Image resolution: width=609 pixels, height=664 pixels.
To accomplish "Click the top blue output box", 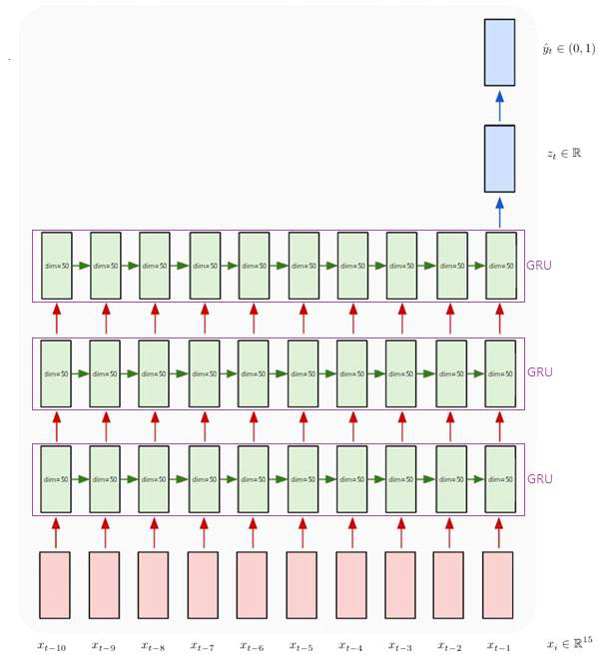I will pos(499,52).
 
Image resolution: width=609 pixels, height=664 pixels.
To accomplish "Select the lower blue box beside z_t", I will pos(499,158).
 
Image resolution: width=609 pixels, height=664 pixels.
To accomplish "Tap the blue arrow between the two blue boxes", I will pos(499,105).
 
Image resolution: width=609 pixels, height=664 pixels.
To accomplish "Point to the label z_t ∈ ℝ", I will pos(564,154).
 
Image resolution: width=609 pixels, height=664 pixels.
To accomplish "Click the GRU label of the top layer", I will pos(539,267).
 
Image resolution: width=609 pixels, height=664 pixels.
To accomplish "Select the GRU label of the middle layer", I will pos(539,372).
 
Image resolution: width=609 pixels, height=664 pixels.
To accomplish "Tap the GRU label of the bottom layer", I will pos(539,478).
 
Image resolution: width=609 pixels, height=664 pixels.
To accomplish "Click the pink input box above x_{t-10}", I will pos(56,584).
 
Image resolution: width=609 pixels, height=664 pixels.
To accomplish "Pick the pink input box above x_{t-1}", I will pos(498,584).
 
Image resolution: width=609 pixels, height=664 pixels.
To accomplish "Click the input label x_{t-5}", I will pos(302,646).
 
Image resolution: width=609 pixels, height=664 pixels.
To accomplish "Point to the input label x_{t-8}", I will pos(155,646).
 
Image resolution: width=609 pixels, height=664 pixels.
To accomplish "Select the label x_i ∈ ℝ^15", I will pos(569,644).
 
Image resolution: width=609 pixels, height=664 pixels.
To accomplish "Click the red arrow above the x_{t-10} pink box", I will pos(56,532).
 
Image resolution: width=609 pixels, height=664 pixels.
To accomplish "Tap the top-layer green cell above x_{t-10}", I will pos(56,267).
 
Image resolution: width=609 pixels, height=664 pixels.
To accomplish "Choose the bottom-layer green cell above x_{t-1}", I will pos(499,478).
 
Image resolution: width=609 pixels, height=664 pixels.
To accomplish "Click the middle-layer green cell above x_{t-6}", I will pos(253,372).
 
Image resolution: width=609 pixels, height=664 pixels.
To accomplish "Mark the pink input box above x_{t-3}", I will pos(400,584).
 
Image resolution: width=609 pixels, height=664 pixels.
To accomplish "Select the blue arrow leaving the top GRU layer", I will pos(499,212).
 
